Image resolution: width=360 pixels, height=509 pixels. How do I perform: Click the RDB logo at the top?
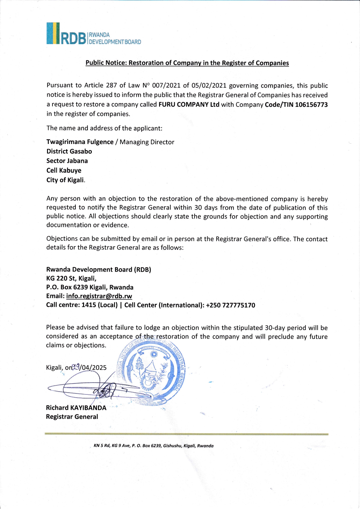[93, 34]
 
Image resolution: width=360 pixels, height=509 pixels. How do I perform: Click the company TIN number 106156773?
[311, 105]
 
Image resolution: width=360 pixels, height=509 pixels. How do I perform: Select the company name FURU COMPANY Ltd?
[189, 105]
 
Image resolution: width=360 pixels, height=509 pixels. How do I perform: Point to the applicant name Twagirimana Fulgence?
[80, 142]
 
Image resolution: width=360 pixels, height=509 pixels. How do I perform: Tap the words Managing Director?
[147, 142]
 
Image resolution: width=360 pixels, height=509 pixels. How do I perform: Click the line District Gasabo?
[69, 151]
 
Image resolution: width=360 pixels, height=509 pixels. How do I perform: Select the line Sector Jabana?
[67, 161]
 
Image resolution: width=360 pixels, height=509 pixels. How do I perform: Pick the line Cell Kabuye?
[64, 170]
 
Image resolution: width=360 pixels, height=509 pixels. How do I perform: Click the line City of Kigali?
[66, 180]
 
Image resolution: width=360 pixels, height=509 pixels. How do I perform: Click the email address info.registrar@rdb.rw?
[99, 296]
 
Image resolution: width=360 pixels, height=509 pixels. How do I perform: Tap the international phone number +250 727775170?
[231, 305]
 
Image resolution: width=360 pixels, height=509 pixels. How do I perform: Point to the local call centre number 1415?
[88, 305]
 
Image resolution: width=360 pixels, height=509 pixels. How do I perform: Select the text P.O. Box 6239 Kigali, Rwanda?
[90, 287]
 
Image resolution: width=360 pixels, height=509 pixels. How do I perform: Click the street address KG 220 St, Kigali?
[71, 279]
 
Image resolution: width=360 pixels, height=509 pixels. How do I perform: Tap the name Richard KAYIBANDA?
[76, 408]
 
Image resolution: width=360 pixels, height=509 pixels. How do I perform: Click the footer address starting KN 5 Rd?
[154, 446]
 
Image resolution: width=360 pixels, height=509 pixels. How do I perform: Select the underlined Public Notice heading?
[187, 63]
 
